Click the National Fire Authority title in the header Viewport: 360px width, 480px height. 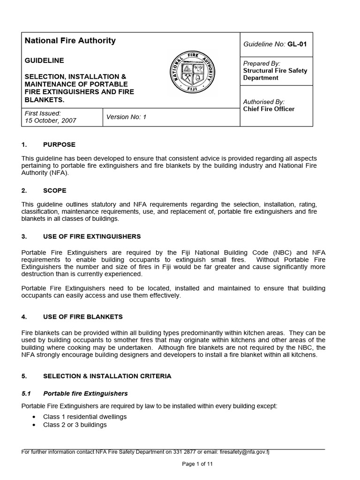point(70,41)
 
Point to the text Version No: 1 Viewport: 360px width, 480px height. point(127,117)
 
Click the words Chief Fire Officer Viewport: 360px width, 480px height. point(269,109)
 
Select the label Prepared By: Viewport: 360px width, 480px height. point(262,63)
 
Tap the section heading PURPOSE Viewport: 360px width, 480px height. point(59,144)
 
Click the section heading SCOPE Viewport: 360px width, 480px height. point(54,190)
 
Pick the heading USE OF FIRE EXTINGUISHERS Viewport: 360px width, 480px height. point(92,236)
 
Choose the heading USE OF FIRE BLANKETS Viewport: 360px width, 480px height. point(82,317)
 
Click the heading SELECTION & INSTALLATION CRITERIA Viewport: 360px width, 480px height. point(107,376)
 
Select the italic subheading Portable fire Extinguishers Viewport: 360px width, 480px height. point(85,393)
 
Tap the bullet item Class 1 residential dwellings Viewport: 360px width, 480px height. point(85,417)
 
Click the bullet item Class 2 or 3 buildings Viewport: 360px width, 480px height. point(75,425)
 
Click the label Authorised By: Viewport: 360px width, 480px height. point(264,102)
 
